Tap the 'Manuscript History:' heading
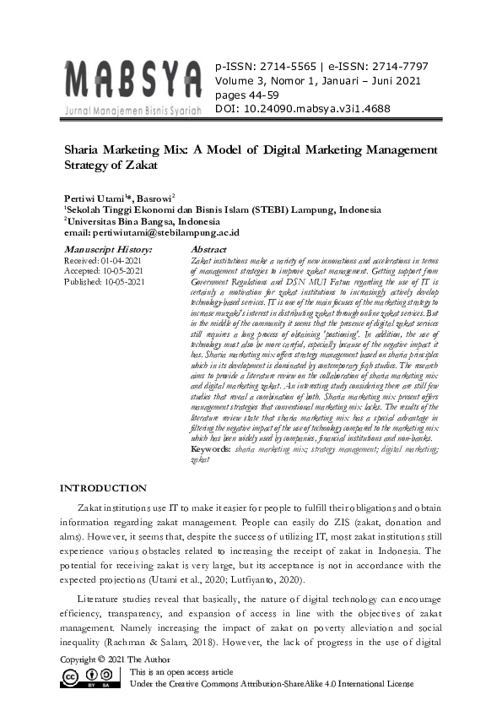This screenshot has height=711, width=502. coord(108,250)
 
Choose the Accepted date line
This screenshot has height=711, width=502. coord(105,271)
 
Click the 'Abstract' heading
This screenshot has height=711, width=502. coord(209,250)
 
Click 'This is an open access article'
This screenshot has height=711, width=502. coord(181,671)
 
